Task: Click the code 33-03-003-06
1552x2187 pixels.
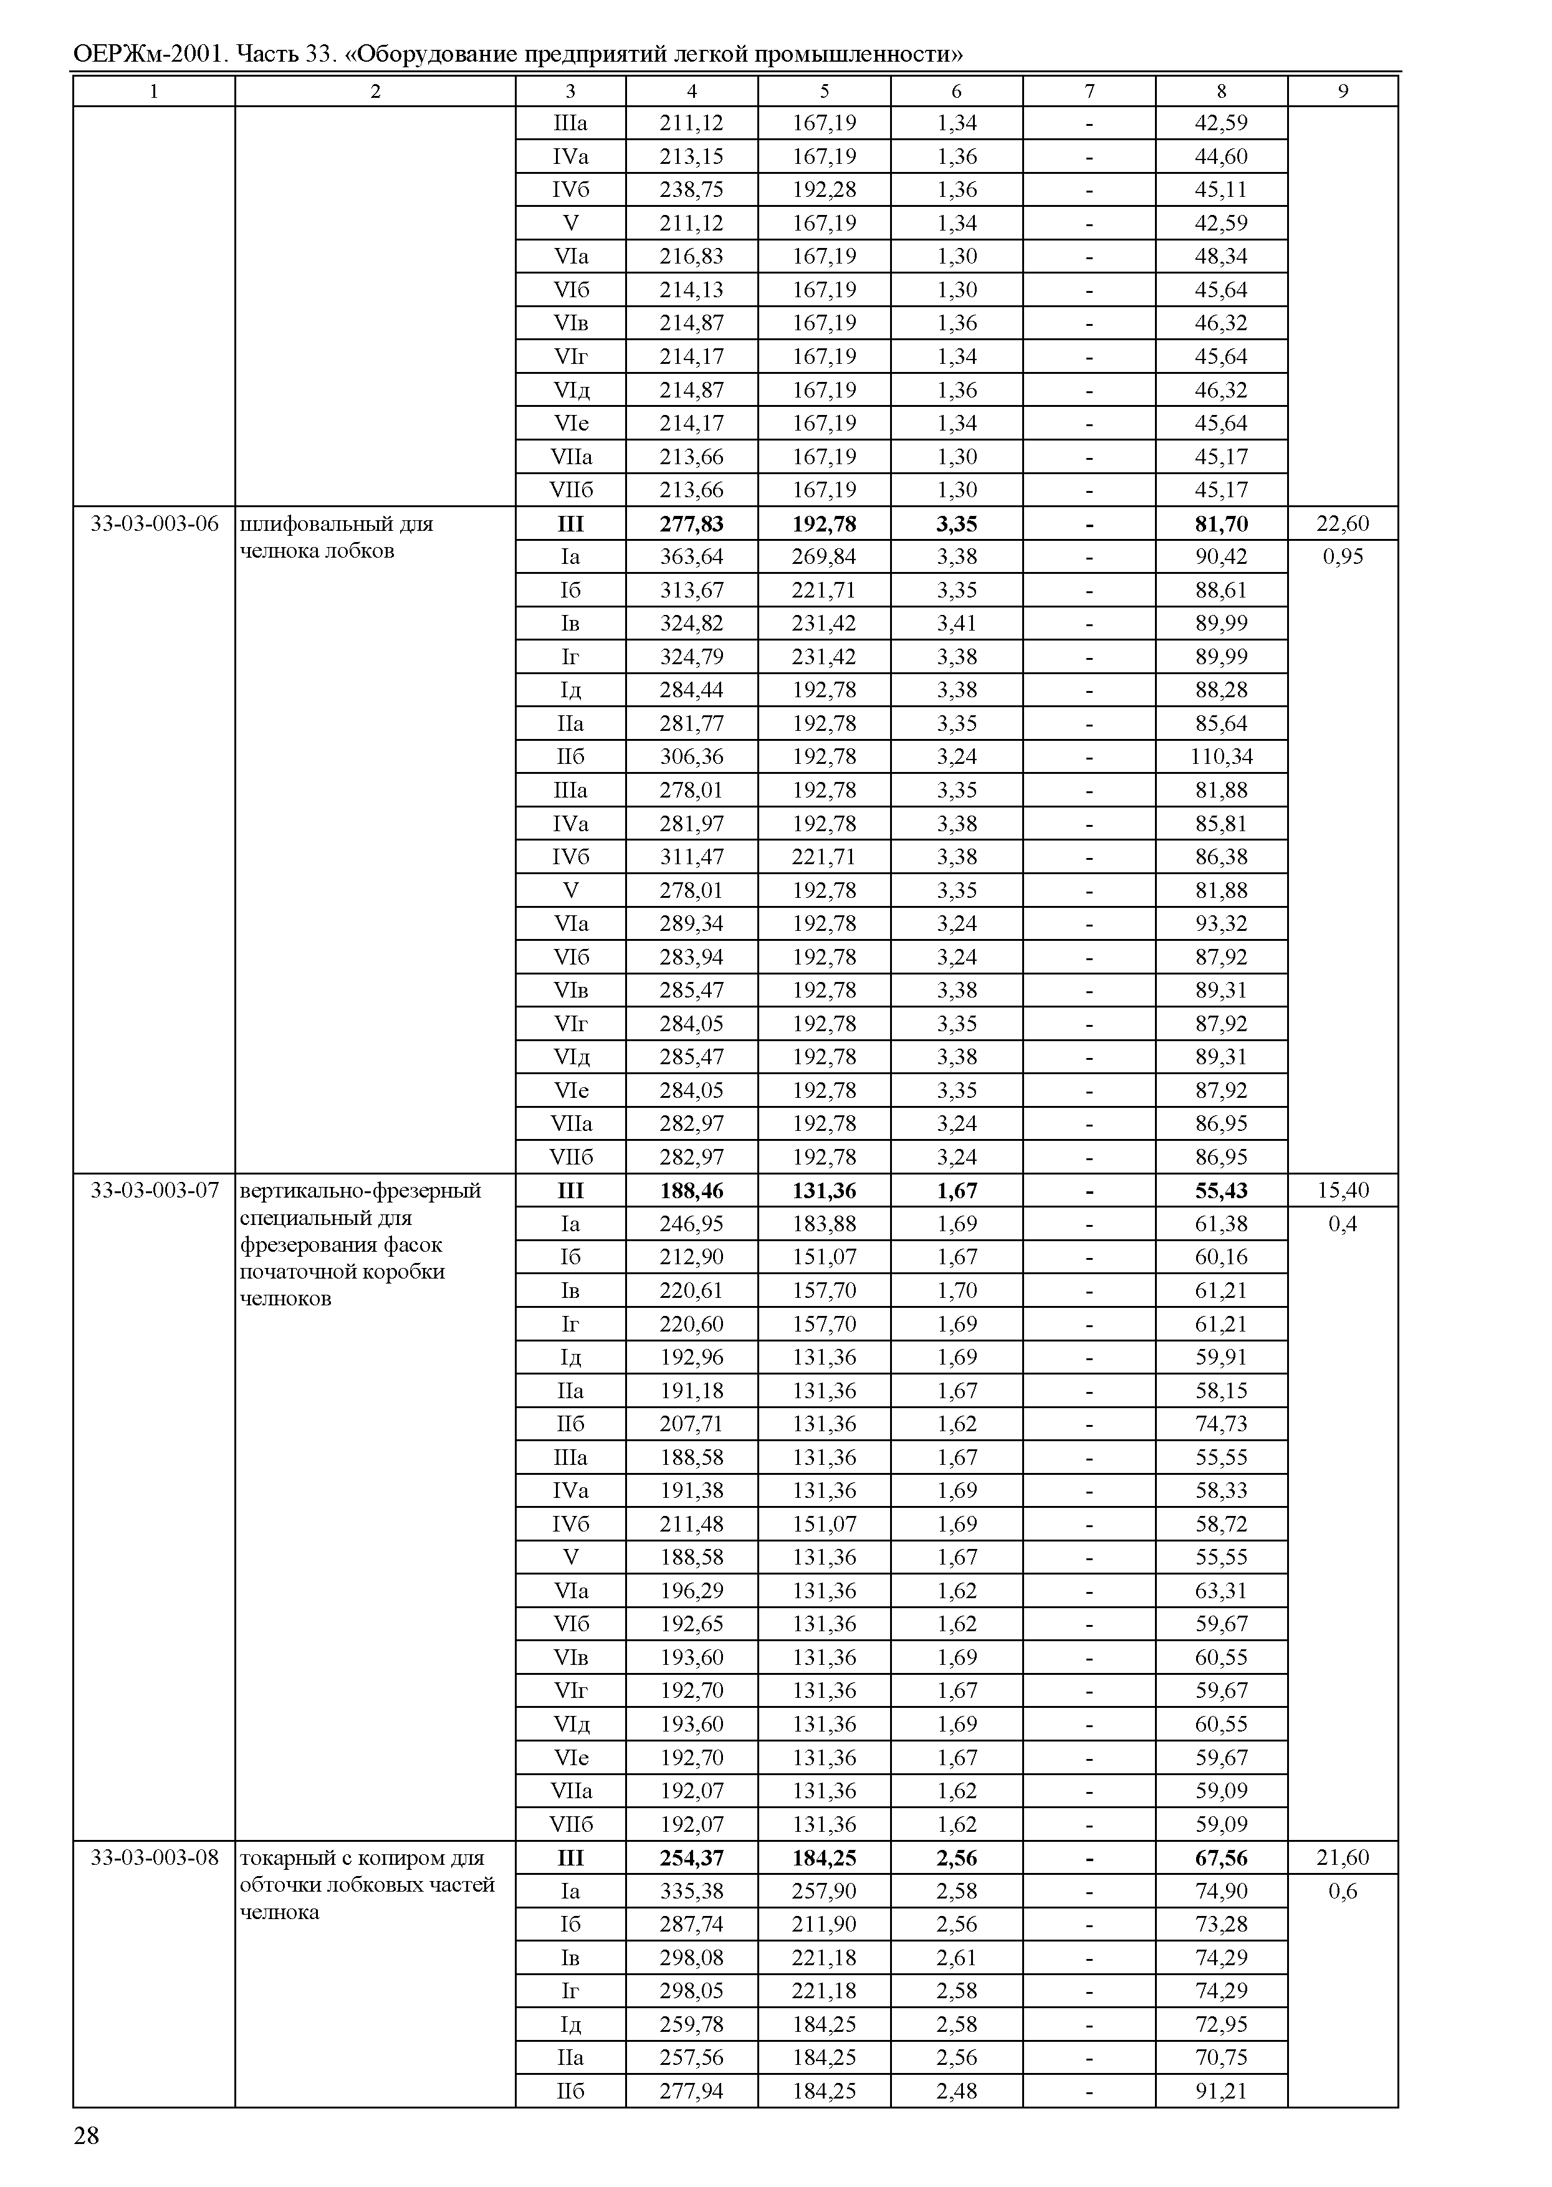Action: [154, 523]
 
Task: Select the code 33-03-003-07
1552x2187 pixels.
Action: [154, 1191]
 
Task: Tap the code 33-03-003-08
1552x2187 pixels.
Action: [154, 1857]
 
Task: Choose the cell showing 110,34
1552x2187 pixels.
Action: [1221, 756]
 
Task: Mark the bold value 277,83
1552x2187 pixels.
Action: [691, 523]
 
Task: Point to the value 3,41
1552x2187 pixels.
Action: [957, 623]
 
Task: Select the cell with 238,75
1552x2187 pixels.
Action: [691, 189]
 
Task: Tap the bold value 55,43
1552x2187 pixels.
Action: [1221, 1191]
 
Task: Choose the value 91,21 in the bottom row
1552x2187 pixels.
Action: [1221, 2090]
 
